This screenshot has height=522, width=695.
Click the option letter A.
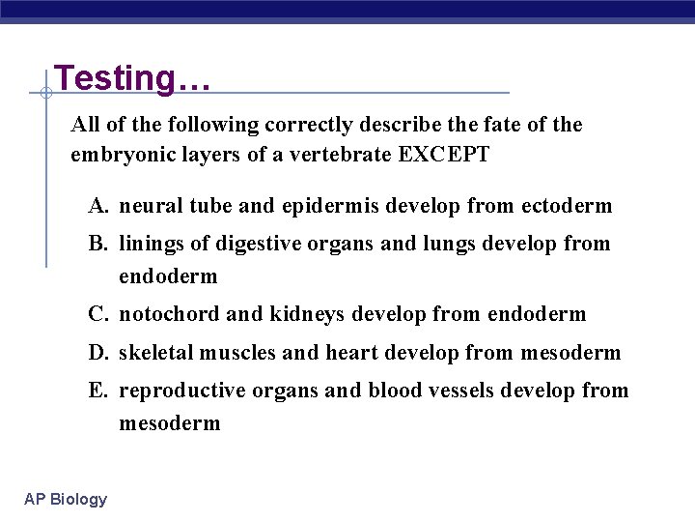97,206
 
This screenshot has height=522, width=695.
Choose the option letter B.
97,244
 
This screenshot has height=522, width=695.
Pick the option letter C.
97,314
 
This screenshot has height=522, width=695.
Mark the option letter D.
97,353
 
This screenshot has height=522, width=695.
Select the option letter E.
97,391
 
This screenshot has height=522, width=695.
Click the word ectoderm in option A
567,206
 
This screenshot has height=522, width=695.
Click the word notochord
167,314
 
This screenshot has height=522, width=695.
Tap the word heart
354,353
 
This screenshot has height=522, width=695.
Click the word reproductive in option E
181,391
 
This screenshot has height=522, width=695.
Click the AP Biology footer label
67,499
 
